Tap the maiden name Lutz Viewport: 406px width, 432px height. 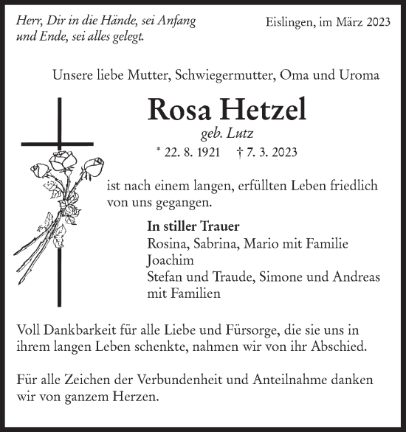258,133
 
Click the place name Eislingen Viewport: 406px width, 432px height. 293,23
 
